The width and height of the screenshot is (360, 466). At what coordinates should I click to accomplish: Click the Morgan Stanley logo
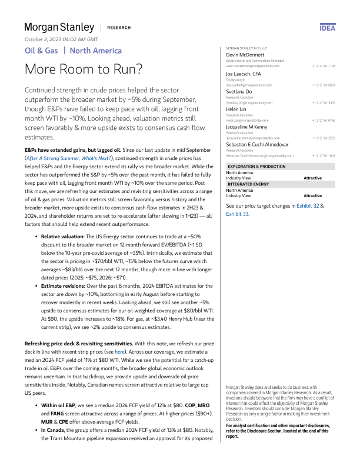coord(59,27)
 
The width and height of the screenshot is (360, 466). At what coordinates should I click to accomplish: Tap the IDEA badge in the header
coord(327,28)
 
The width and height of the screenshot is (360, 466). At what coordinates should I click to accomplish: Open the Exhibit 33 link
coord(238,215)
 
